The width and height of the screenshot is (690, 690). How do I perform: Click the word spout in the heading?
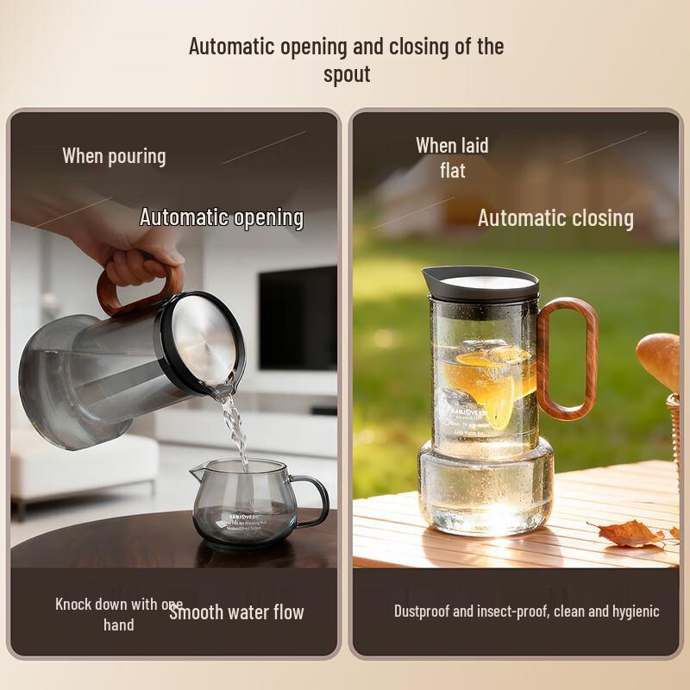pyautogui.click(x=347, y=74)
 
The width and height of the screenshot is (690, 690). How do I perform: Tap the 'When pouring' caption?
pyautogui.click(x=114, y=156)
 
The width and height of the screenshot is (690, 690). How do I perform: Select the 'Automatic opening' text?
pyautogui.click(x=222, y=217)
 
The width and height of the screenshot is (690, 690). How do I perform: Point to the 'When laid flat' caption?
pyautogui.click(x=452, y=158)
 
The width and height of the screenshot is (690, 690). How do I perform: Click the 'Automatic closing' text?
pyautogui.click(x=555, y=218)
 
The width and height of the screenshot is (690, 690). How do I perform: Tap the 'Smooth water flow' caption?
pyautogui.click(x=237, y=612)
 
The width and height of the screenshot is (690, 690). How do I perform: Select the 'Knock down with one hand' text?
pyautogui.click(x=117, y=614)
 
